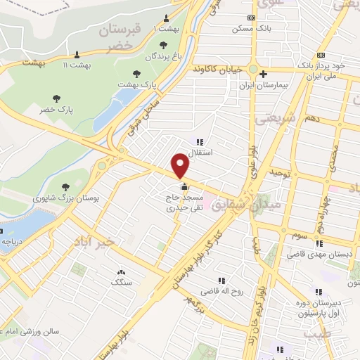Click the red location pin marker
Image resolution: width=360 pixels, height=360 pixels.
(181, 166)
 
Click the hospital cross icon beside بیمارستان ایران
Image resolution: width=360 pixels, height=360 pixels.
(263, 74)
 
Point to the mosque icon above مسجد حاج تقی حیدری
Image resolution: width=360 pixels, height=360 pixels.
(184, 187)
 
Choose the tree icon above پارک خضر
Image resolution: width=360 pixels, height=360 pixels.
(56, 98)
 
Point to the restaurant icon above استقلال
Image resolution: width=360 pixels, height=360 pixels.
(200, 141)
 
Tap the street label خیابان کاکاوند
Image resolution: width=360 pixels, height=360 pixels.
(218, 70)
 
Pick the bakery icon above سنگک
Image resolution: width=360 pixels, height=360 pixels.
(121, 271)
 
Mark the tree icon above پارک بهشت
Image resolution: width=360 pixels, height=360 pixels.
(136, 73)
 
